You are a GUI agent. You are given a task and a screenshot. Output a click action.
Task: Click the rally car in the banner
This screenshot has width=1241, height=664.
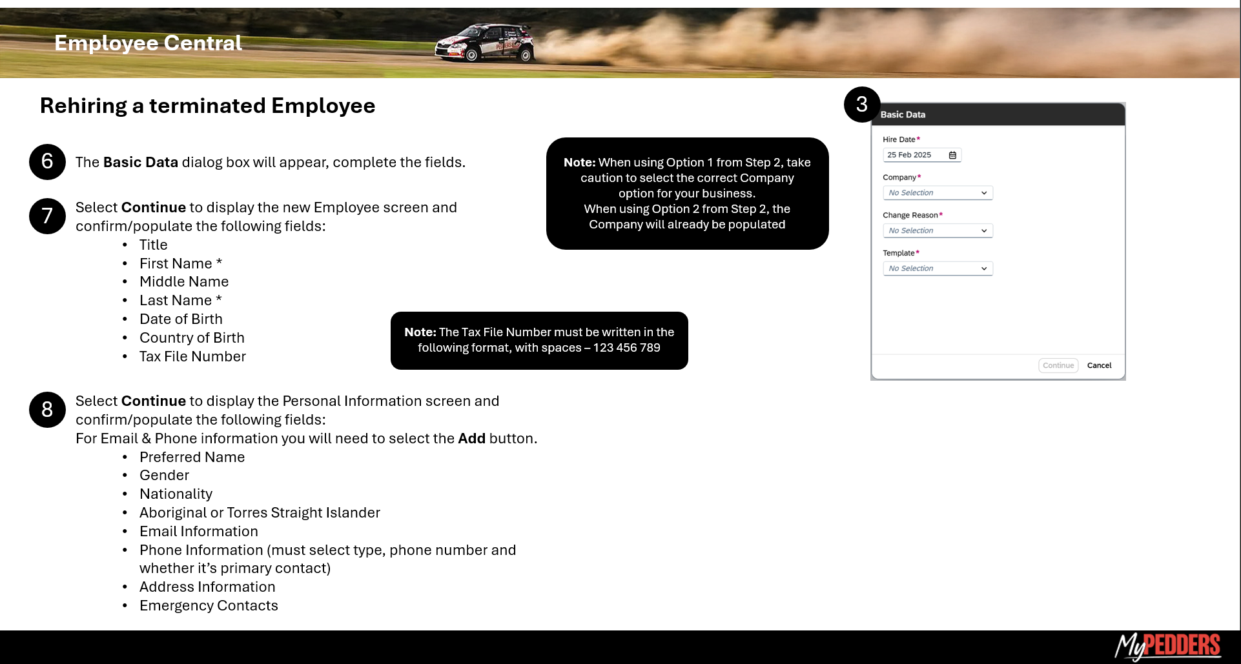point(485,43)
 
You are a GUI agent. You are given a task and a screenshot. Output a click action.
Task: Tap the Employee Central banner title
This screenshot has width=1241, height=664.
point(148,43)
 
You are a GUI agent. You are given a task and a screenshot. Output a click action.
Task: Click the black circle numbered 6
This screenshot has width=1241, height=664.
point(47,161)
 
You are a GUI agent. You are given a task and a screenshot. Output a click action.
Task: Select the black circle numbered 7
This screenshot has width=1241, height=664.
point(47,216)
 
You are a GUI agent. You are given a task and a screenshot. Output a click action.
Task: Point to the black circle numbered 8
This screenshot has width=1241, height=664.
point(47,409)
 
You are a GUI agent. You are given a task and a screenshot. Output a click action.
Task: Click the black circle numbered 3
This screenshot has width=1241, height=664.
point(861,105)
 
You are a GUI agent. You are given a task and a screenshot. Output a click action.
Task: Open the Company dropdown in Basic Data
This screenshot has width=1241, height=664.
point(937,193)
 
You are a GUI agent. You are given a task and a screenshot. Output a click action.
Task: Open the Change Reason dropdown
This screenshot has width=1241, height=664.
point(937,230)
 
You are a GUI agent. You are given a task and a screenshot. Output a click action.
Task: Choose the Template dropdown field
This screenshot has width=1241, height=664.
point(937,268)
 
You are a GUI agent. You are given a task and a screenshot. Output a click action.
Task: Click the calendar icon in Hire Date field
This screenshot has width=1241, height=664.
point(952,155)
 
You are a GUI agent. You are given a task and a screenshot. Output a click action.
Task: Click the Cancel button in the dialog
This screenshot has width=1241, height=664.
point(1099,365)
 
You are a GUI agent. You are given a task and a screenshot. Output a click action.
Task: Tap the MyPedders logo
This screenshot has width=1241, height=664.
point(1167,646)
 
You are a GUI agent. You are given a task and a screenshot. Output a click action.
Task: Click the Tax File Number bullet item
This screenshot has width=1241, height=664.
point(192,356)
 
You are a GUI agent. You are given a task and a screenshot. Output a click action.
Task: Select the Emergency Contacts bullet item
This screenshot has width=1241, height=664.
point(209,605)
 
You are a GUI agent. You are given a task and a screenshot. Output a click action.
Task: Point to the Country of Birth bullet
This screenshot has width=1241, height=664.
point(192,337)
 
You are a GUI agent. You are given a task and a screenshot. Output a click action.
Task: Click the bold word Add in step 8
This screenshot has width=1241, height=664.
point(471,438)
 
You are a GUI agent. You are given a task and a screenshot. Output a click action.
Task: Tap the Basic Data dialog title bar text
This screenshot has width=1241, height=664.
point(903,114)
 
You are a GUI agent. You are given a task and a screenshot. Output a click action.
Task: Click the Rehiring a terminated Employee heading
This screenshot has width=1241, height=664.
point(207,105)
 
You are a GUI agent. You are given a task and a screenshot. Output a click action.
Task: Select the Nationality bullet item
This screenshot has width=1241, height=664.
point(176,494)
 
